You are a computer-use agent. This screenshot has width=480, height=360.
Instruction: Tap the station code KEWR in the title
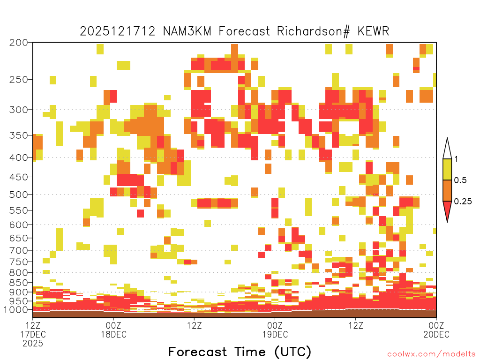tap(373, 31)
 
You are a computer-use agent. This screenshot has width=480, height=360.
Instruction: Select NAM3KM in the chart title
tap(187, 31)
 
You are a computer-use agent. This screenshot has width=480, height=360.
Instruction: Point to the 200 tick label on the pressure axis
tap(18, 43)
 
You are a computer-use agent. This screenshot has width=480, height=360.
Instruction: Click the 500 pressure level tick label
tap(18, 195)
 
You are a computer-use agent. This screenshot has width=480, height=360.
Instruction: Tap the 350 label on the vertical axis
tap(18, 135)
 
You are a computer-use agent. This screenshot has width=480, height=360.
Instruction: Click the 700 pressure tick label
tap(18, 250)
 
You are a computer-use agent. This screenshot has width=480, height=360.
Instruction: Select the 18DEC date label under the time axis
tap(113, 334)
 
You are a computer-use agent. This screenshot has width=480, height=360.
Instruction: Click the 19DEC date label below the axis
tap(275, 334)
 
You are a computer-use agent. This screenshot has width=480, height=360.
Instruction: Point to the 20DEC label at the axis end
tap(436, 334)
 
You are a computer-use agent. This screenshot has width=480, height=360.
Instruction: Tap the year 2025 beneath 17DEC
tap(33, 344)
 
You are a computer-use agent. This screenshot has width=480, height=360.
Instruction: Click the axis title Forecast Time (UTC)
tap(240, 352)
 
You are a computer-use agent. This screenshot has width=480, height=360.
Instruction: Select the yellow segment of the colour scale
tap(447, 169)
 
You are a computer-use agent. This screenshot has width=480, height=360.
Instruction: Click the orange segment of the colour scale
tap(447, 190)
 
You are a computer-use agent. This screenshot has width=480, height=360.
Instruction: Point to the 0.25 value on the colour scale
tap(463, 201)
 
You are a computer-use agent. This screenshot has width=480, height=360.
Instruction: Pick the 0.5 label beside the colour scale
tap(460, 180)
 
